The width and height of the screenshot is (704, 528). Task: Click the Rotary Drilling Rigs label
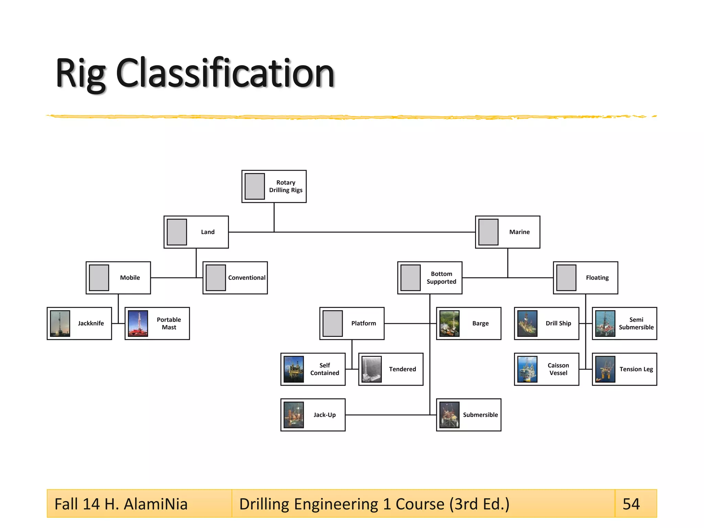[286, 186]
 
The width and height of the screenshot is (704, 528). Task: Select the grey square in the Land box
[177, 232]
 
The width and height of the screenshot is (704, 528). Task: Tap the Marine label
[519, 232]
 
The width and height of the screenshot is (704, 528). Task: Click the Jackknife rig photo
[60, 323]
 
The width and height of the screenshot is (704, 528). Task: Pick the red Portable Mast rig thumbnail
[138, 323]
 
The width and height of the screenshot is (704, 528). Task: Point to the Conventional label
[246, 278]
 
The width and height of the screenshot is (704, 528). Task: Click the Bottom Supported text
[441, 278]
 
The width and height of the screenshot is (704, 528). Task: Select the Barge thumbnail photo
[449, 323]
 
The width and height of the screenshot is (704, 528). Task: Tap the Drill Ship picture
[527, 323]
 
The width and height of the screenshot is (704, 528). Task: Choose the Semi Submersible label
[636, 323]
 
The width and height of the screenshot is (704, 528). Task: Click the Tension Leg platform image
[605, 369]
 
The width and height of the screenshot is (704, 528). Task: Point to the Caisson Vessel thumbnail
[527, 369]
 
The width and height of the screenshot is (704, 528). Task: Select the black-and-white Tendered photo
[372, 369]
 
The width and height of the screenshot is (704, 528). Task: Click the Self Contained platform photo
[294, 369]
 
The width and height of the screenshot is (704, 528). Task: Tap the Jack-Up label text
[324, 415]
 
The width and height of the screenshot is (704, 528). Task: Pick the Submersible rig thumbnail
[449, 415]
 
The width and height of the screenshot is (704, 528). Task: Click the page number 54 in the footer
[631, 504]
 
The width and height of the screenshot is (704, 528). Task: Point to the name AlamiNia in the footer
[155, 504]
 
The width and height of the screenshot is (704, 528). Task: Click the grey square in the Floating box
[566, 278]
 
